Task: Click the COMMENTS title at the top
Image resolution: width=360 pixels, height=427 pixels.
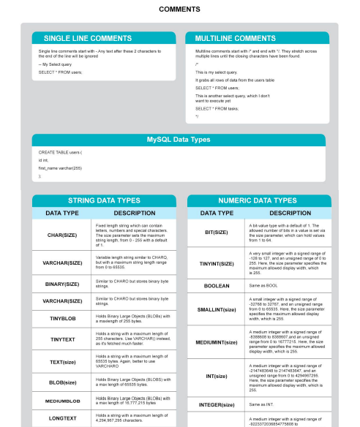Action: tap(179, 10)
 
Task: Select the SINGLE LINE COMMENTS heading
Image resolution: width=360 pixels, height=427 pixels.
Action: tap(88, 38)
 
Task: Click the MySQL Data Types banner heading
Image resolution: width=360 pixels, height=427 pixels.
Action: tap(179, 139)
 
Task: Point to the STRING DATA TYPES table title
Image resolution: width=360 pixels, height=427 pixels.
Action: tap(104, 200)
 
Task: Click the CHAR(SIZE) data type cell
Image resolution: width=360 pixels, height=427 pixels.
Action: tap(62, 235)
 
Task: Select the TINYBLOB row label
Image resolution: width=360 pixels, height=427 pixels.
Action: tap(62, 319)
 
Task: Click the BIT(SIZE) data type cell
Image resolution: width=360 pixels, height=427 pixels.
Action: tap(216, 232)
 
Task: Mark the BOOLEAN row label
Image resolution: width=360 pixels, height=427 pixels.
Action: tap(216, 287)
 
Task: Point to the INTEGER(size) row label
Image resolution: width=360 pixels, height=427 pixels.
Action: tap(217, 404)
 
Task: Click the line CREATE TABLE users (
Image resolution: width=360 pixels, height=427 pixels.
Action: tap(60, 152)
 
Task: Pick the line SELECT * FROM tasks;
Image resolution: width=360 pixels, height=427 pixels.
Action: tap(217, 108)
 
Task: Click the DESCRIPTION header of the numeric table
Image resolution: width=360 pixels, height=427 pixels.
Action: tap(285, 213)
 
